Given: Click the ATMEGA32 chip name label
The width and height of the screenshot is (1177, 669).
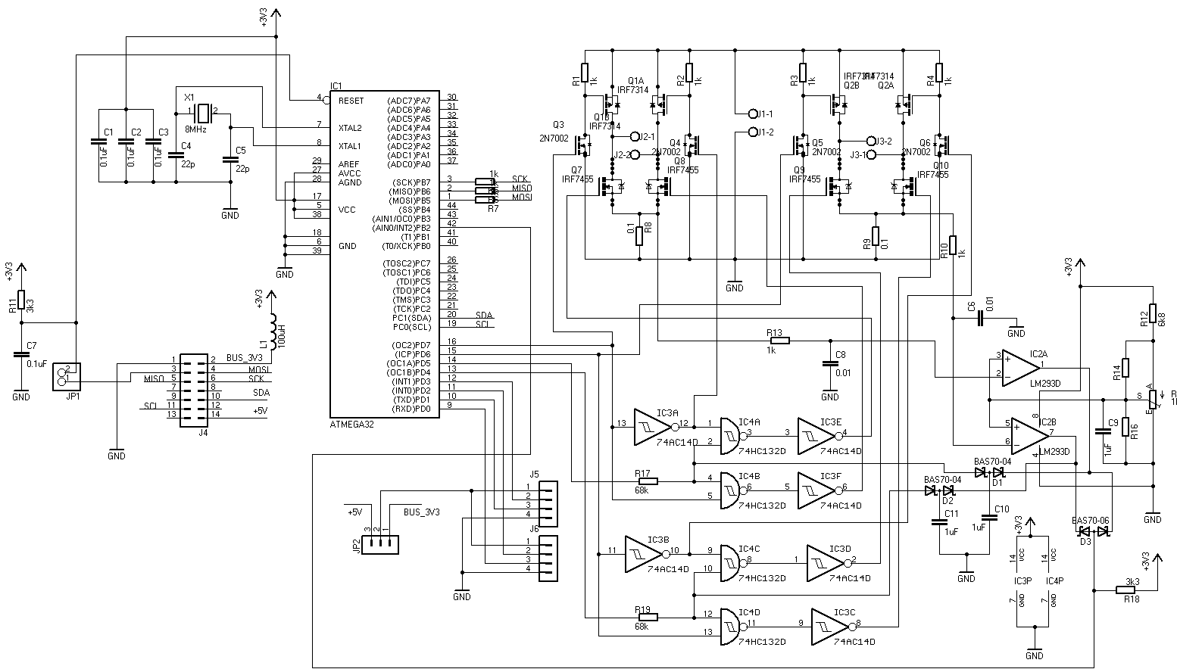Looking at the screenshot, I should (x=351, y=425).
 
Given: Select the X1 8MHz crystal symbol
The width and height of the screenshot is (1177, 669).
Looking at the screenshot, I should (x=202, y=114).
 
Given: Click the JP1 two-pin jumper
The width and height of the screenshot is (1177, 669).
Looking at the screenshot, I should (x=66, y=376).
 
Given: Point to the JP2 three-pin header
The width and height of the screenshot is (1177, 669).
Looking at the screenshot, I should (x=378, y=543).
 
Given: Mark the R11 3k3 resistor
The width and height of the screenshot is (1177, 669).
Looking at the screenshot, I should (x=21, y=300).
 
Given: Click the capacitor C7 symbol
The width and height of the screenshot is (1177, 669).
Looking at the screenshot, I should (x=21, y=354).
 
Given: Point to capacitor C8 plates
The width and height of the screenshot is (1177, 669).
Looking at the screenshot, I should (x=829, y=364).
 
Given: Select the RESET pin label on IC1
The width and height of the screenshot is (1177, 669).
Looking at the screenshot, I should (x=351, y=101).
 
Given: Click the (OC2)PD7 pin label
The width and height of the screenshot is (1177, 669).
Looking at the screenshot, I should (x=410, y=345).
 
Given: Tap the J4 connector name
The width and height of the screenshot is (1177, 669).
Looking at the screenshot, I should (x=203, y=434).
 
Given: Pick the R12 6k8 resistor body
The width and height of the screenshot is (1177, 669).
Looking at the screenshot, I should (x=1152, y=313).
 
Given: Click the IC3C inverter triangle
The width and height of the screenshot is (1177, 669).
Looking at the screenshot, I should (x=831, y=627).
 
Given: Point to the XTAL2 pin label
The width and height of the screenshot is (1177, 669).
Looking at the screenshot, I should (x=350, y=128).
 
